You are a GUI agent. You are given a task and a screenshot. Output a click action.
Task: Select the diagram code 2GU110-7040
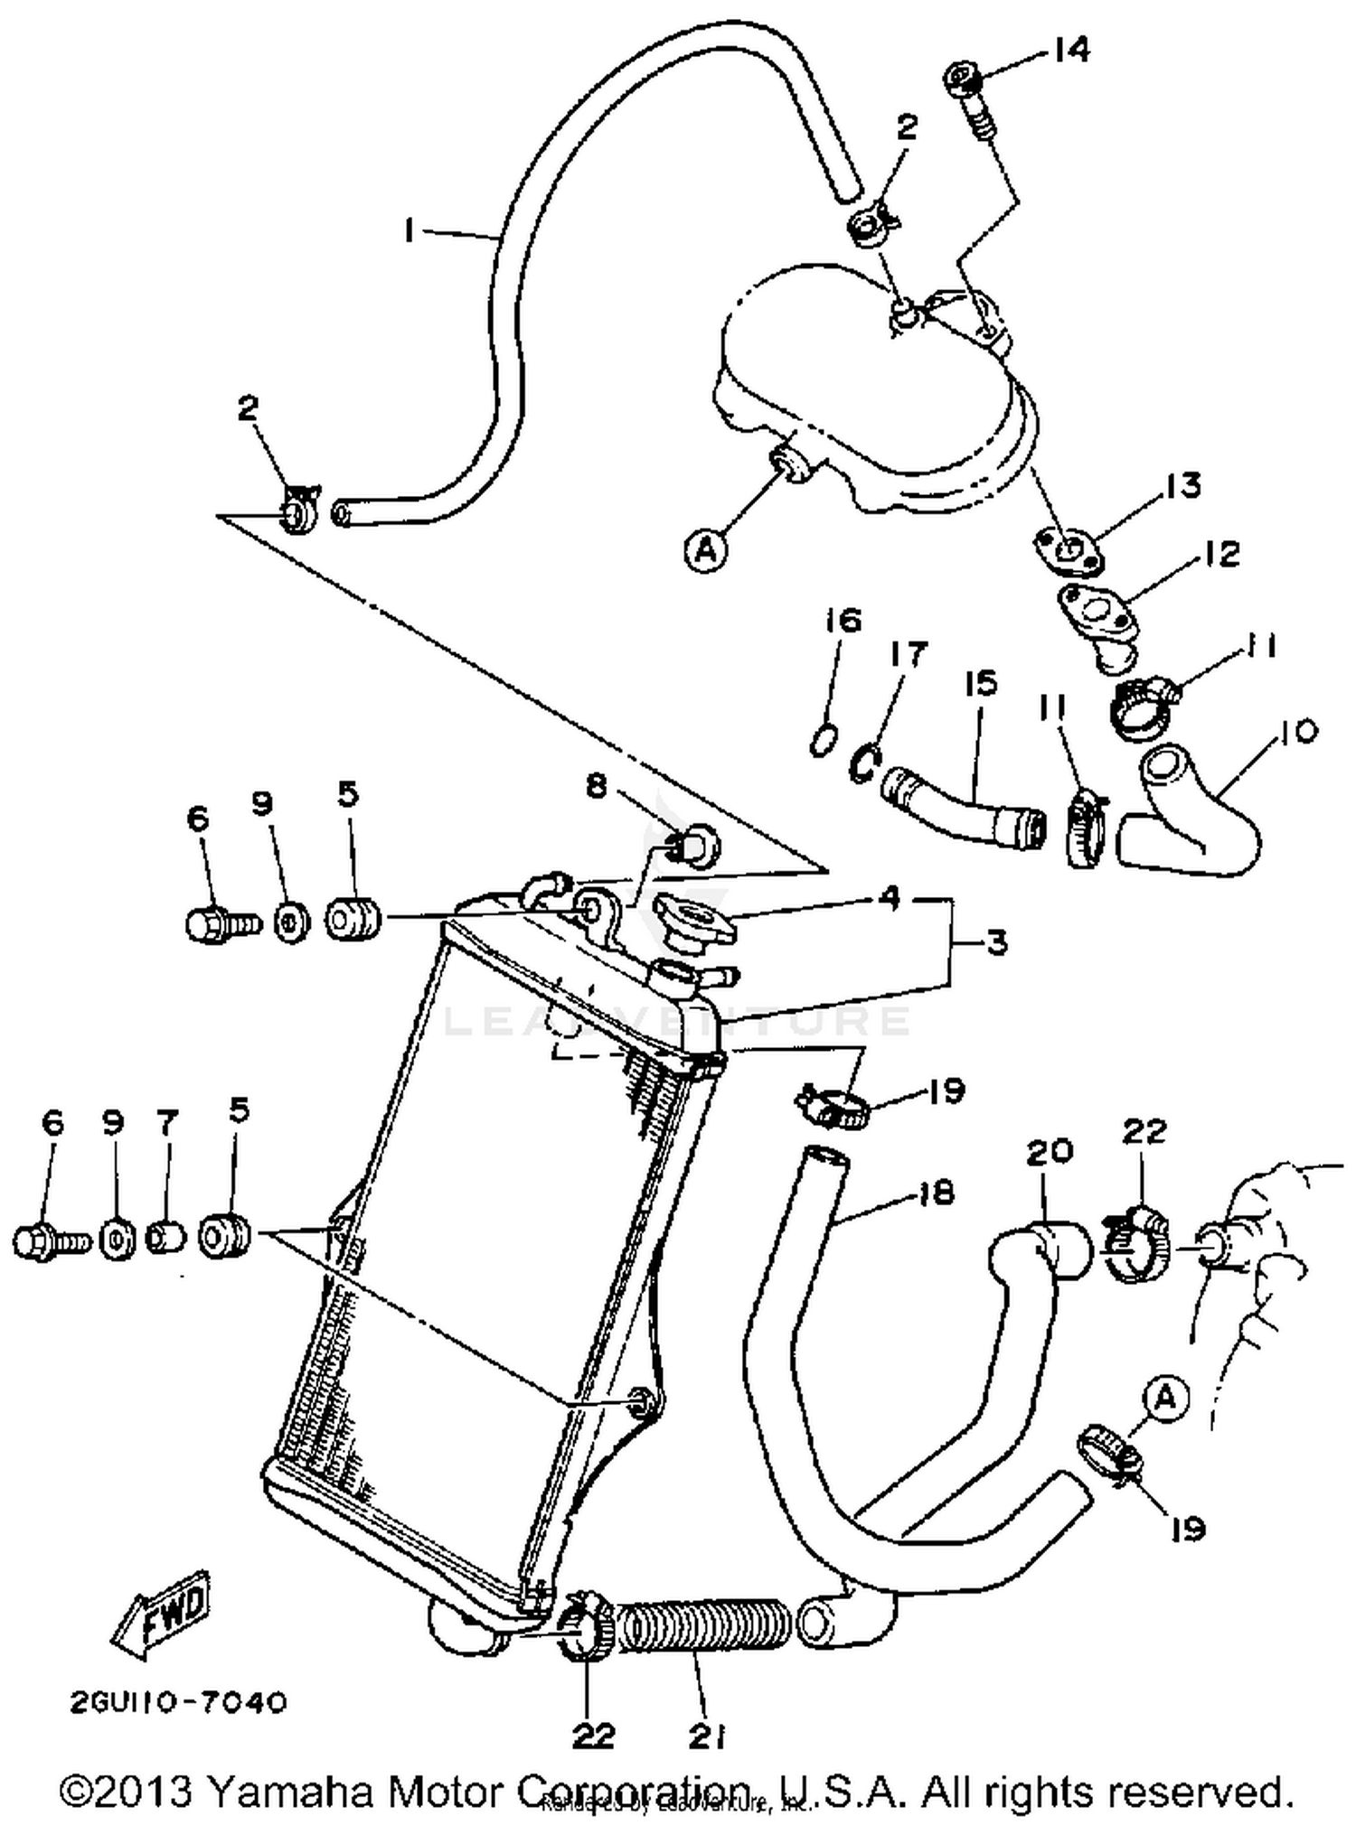click(178, 1702)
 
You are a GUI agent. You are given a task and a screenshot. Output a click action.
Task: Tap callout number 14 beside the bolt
click(1071, 50)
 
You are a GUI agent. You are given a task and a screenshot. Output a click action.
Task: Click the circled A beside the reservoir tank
click(706, 548)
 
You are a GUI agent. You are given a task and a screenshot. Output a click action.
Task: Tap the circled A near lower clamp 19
click(1165, 1398)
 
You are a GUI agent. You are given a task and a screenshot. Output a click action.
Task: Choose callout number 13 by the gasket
click(1182, 485)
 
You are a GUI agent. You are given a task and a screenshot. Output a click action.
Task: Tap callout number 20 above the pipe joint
click(1050, 1150)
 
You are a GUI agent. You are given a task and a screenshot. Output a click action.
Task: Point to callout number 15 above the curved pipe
click(982, 683)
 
